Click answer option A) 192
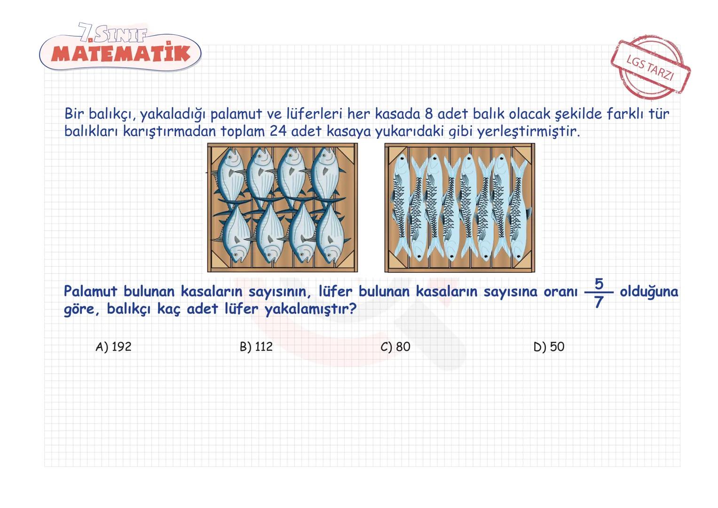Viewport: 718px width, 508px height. pos(113,347)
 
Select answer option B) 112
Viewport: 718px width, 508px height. pos(256,347)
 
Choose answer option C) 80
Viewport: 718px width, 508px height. pos(395,347)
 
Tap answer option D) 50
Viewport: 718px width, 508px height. pos(549,347)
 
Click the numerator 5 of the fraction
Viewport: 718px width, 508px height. pos(599,284)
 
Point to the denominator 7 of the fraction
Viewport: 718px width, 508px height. pos(599,302)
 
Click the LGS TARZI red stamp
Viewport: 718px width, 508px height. pos(650,69)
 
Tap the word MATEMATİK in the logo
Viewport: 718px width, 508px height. pos(121,54)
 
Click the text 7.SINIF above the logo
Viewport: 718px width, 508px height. pos(113,33)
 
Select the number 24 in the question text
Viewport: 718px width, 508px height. pos(278,131)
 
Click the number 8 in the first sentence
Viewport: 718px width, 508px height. pos(428,114)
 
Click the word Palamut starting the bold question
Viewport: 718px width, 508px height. pos(90,292)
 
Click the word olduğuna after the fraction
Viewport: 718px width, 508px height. pos(649,292)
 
